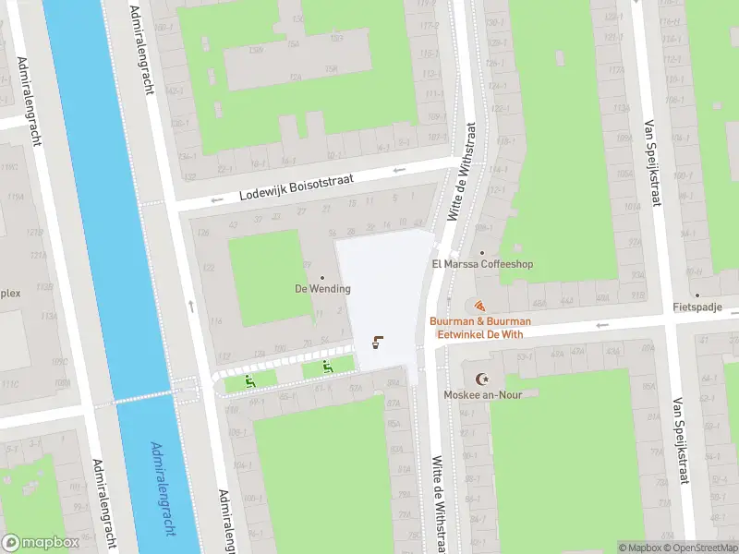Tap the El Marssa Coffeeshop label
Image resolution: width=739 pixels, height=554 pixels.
(x=482, y=264)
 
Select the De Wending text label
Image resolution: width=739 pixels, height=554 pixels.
(x=322, y=289)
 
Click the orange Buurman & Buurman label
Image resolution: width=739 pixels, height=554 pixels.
(x=479, y=321)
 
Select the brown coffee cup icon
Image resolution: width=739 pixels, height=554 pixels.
(x=377, y=343)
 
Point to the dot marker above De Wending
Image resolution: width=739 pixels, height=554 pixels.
(x=322, y=277)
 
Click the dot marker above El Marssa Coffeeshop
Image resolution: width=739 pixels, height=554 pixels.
(x=482, y=252)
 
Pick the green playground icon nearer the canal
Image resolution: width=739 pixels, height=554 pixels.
(x=249, y=380)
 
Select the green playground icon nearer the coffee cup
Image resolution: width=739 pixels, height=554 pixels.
(x=327, y=367)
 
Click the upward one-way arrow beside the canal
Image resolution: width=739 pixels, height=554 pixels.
(x=190, y=305)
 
